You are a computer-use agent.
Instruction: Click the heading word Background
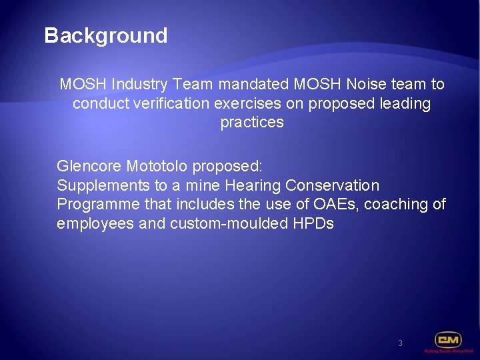coord(105,35)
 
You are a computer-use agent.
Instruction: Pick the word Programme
coord(97,204)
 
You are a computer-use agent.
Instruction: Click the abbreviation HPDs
coord(313,223)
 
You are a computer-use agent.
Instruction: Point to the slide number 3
coord(400,343)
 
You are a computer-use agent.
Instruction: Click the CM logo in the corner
coord(448,340)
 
